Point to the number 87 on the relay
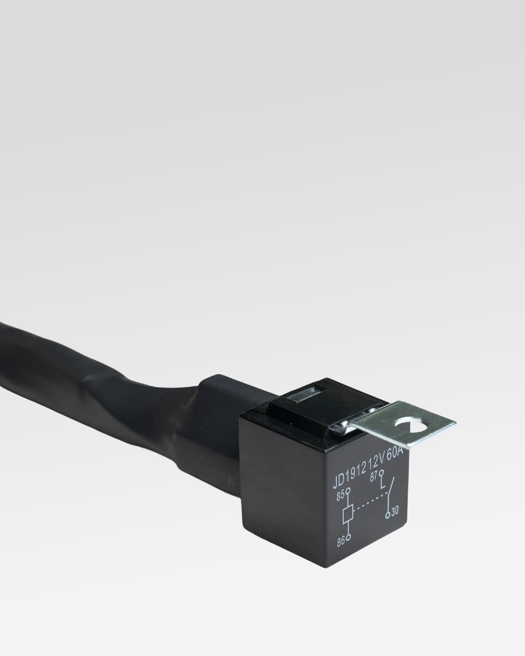pos(374,477)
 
